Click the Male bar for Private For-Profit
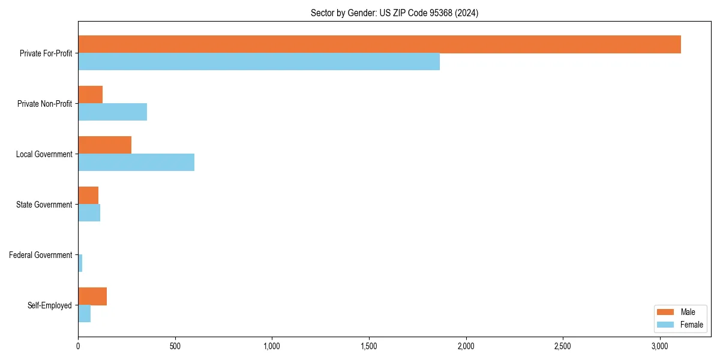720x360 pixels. [379, 44]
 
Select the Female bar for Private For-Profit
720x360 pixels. [259, 62]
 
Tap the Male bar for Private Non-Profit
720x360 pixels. [90, 95]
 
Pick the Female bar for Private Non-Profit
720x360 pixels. [112, 112]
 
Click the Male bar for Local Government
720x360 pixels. [104, 145]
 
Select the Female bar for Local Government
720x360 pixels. [136, 163]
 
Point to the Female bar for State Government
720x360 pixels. [89, 213]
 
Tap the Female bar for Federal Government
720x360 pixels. [80, 263]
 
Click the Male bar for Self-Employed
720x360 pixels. [92, 296]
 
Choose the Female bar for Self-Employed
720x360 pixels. [84, 314]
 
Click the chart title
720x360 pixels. [394, 13]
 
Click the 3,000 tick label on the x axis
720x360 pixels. [660, 347]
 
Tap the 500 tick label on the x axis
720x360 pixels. [175, 347]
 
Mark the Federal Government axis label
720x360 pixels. [40, 255]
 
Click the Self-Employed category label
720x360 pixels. [49, 305]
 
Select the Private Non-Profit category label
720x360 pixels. [44, 104]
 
